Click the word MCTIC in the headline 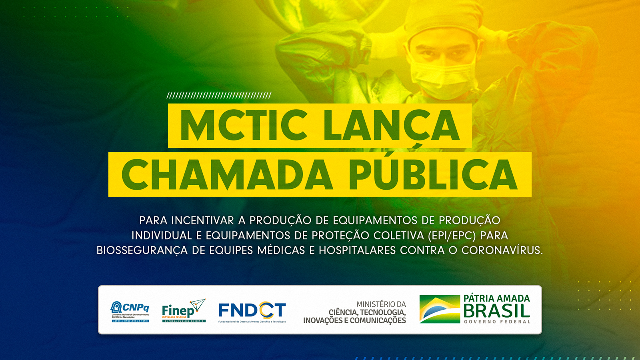click(x=244, y=125)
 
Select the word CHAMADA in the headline click(x=227, y=175)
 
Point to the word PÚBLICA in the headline click(x=433, y=175)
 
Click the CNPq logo click(x=130, y=311)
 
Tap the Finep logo click(x=184, y=310)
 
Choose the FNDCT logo click(x=252, y=311)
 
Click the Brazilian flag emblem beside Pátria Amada click(x=440, y=309)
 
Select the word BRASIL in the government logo click(x=497, y=311)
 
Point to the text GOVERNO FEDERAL click(x=497, y=322)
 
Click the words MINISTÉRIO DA click(x=381, y=304)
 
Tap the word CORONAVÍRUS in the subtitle click(x=502, y=250)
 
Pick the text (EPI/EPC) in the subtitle click(x=452, y=236)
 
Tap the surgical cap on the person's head click(x=440, y=20)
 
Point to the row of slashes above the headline click(x=219, y=95)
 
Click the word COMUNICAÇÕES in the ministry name click(x=378, y=320)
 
